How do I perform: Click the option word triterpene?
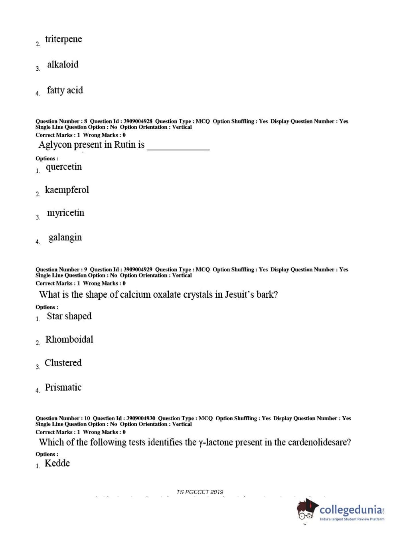click(x=63, y=39)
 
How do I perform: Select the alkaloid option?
click(x=63, y=65)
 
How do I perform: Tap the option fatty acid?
click(x=65, y=90)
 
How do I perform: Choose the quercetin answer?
click(x=63, y=167)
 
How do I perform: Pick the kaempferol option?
click(x=67, y=190)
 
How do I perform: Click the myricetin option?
click(x=65, y=213)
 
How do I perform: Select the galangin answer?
click(x=65, y=237)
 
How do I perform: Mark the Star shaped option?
click(x=69, y=316)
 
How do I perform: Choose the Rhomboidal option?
click(x=69, y=340)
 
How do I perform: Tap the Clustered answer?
click(x=63, y=363)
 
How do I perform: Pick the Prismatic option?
click(x=63, y=387)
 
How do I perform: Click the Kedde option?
click(x=57, y=463)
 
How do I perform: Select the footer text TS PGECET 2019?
click(x=199, y=492)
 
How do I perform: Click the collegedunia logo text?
click(x=351, y=510)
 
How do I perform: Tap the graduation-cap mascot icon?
click(x=307, y=509)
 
